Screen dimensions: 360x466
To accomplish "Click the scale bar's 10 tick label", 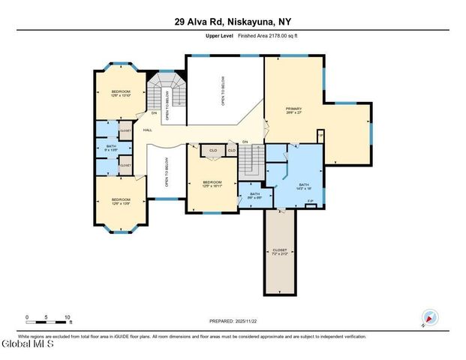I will pyautogui.click(x=68, y=317).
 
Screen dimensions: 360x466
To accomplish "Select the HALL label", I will pyautogui.click(x=148, y=130).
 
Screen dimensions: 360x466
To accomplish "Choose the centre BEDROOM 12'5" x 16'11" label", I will pyautogui.click(x=212, y=184).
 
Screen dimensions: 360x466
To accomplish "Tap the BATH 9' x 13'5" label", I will pyautogui.click(x=111, y=148).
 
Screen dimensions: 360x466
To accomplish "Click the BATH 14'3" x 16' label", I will pyautogui.click(x=303, y=187).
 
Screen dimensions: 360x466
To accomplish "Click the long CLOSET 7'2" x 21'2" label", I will pyautogui.click(x=279, y=252).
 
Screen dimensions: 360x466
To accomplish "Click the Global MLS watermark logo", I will pyautogui.click(x=28, y=345).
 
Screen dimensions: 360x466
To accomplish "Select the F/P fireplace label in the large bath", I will pyautogui.click(x=311, y=202).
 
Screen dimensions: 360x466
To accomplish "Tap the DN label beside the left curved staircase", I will pyautogui.click(x=154, y=114).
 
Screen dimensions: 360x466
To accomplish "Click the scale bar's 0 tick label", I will pyautogui.click(x=27, y=317).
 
